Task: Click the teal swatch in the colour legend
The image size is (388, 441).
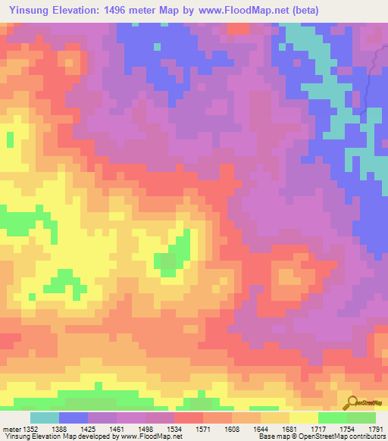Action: pos(44,418)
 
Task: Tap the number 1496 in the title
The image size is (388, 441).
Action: pos(130,11)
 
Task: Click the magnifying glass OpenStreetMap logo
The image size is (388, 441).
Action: pos(351,403)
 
